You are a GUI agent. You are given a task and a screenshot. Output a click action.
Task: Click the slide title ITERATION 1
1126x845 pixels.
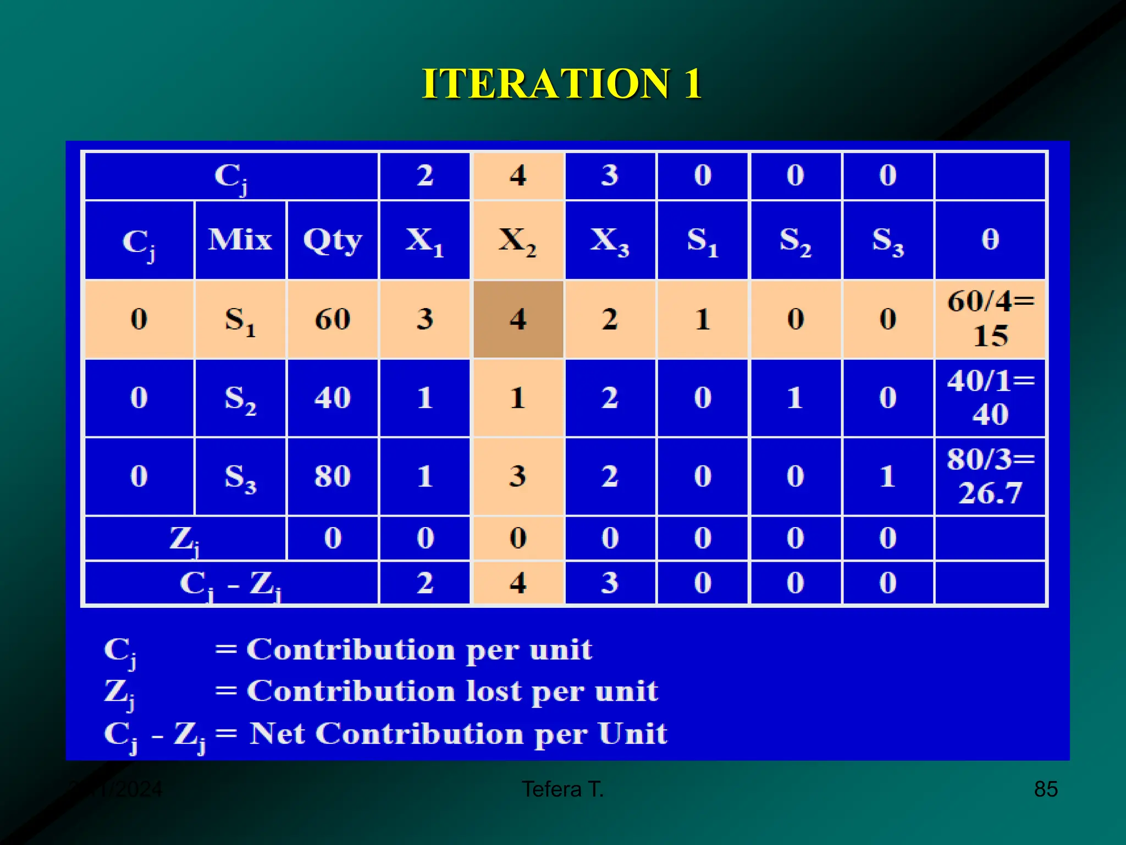pos(562,84)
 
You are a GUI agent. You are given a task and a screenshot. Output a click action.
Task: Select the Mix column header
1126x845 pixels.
pos(240,240)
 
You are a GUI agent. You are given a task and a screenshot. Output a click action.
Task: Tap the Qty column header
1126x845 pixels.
pos(332,240)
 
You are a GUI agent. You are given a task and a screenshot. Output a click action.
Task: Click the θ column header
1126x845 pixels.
pos(990,240)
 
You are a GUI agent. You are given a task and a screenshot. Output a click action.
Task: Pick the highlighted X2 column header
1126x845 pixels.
pos(517,240)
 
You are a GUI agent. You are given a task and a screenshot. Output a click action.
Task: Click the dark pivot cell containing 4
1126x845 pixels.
pos(517,319)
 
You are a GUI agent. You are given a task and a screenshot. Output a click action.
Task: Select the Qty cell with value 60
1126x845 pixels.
pos(332,319)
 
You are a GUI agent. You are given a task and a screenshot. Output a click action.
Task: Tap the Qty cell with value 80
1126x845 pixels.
pos(332,476)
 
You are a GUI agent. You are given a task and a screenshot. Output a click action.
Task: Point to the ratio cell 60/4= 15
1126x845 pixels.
pos(990,319)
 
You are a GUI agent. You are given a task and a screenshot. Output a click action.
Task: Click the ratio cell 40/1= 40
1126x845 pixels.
pos(990,398)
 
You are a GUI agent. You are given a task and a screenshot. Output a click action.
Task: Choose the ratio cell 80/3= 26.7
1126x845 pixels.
pos(990,476)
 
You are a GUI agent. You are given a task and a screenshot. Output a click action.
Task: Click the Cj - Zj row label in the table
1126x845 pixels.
pos(231,584)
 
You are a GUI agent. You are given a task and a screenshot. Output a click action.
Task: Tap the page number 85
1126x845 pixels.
pos(1046,789)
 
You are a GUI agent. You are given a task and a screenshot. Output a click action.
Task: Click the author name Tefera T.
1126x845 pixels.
pos(562,789)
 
